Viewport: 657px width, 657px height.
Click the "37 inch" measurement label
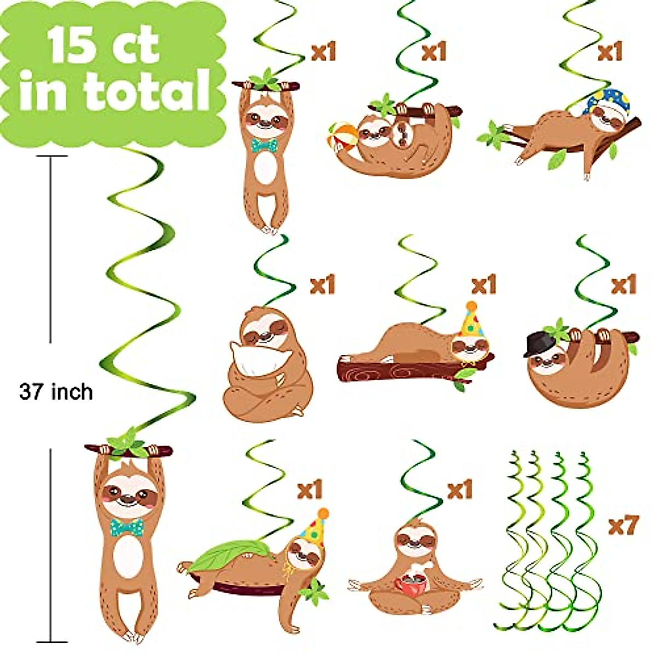click(56, 392)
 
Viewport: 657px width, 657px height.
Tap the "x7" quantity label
click(623, 526)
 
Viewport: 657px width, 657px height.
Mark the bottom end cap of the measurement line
click(51, 642)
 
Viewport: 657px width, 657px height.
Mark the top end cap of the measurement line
click(51, 156)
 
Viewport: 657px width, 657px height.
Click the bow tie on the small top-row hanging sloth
click(264, 145)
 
